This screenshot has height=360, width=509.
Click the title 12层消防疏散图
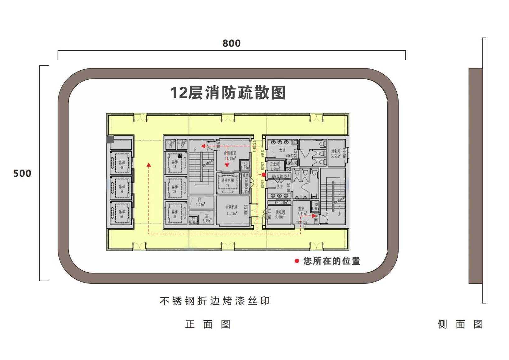(228, 93)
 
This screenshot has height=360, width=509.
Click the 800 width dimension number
(231, 43)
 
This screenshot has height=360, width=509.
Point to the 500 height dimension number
(22, 173)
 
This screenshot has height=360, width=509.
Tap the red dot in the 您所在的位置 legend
(297, 261)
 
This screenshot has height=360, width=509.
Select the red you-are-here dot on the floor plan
(264, 175)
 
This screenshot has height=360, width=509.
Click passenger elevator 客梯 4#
(121, 164)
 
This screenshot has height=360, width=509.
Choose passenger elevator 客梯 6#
(121, 214)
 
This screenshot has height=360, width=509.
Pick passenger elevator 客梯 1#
(175, 164)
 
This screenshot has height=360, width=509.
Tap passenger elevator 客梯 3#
(175, 214)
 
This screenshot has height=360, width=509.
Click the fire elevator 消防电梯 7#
(227, 183)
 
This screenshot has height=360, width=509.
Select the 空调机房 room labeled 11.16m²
(232, 210)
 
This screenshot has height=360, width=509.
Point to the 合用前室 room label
(230, 153)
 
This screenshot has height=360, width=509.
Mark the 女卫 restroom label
(282, 150)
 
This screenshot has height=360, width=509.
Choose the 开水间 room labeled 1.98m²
(275, 166)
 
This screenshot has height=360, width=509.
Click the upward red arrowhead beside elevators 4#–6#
(149, 165)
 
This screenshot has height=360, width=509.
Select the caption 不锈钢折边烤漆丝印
(215, 301)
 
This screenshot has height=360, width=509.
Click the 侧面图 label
(460, 324)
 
